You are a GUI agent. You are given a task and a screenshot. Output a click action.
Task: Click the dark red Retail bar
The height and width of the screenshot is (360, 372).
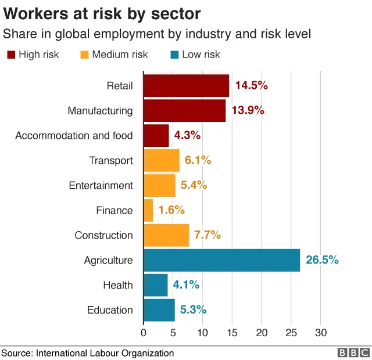point(186,86)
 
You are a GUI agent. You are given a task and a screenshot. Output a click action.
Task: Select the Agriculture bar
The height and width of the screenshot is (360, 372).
point(221,260)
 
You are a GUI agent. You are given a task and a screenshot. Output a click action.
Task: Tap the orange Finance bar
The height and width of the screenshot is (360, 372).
point(148,210)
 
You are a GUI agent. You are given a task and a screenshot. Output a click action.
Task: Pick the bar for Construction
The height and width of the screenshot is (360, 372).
point(166,235)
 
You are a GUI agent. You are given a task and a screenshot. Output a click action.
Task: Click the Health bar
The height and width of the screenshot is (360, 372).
point(155,285)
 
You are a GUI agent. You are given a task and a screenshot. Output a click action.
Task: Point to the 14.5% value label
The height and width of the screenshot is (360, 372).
point(251,85)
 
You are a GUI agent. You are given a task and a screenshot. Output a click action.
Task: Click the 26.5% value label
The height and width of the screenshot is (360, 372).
point(322,260)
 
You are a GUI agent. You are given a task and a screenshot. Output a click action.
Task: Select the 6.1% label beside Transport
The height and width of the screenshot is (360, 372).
point(198,160)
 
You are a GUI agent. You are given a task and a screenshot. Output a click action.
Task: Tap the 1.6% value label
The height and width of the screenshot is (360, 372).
point(171,210)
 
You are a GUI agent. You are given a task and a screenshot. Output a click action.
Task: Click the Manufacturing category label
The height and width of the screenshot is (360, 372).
point(100,110)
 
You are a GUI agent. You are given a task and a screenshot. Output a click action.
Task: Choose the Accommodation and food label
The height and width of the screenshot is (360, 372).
point(74,135)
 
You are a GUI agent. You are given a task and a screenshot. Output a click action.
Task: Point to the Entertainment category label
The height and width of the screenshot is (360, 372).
point(101,185)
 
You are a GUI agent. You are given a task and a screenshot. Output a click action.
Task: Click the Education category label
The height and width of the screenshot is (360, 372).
point(110,310)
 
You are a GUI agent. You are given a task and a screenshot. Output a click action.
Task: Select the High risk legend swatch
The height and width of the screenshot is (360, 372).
point(11,55)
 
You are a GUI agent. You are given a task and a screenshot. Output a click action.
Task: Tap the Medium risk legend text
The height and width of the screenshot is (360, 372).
point(120,55)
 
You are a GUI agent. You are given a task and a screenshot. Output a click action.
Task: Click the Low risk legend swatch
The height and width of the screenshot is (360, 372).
point(174,55)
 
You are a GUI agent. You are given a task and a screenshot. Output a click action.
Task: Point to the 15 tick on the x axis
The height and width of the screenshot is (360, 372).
point(232,333)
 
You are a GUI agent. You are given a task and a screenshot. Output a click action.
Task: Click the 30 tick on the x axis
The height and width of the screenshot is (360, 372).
point(321,333)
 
